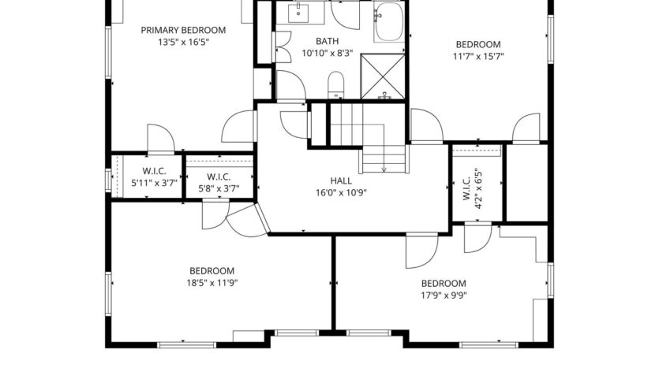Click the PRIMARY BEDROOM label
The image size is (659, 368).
coord(183,30)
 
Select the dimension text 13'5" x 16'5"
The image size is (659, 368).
coord(183,43)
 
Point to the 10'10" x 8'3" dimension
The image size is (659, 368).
coord(326,54)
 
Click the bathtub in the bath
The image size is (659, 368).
coord(388,21)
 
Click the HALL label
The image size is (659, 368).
coord(341,180)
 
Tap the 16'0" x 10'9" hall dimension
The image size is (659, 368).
coord(341,192)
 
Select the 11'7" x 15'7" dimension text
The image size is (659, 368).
coord(478,56)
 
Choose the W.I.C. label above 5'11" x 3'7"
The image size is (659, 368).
coord(153,171)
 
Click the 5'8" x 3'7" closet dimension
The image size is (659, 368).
coord(218,189)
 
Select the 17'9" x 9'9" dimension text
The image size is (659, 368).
coord(443,296)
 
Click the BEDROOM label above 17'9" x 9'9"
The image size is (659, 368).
coord(443,284)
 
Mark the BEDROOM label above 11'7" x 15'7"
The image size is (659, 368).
coord(478,43)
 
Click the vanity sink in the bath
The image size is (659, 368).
coord(300,13)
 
